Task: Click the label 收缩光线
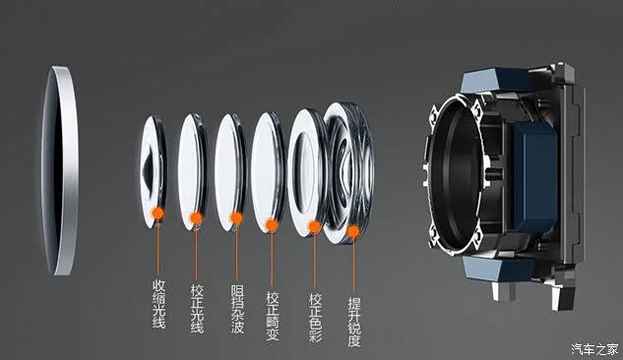(158, 304)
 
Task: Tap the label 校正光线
(197, 309)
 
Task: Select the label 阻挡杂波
(237, 309)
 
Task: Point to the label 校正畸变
(273, 316)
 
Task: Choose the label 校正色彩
(316, 318)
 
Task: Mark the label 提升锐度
(353, 323)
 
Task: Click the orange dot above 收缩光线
(157, 213)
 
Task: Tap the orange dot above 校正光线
(196, 218)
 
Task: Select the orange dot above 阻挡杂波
(236, 218)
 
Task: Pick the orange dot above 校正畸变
(272, 225)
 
